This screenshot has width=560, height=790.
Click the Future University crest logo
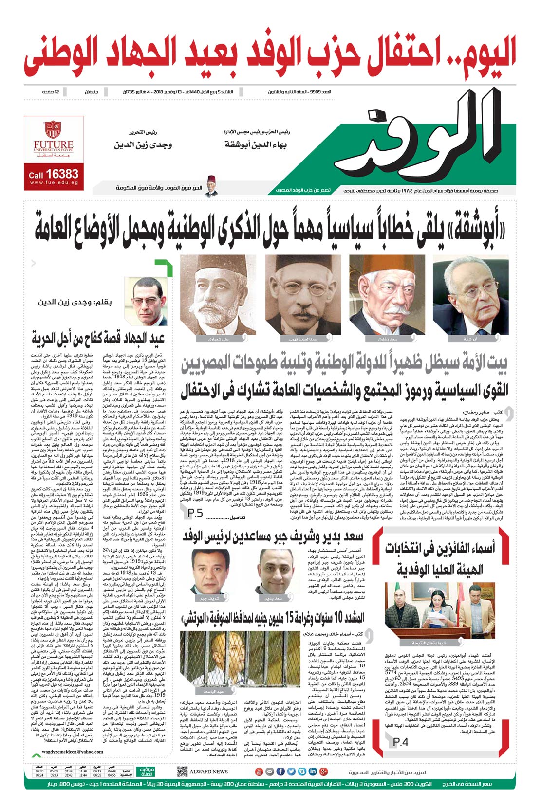tap(53, 130)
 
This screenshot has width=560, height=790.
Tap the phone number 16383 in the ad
tap(62, 174)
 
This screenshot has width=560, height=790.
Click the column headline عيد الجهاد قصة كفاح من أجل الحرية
tap(98, 337)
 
